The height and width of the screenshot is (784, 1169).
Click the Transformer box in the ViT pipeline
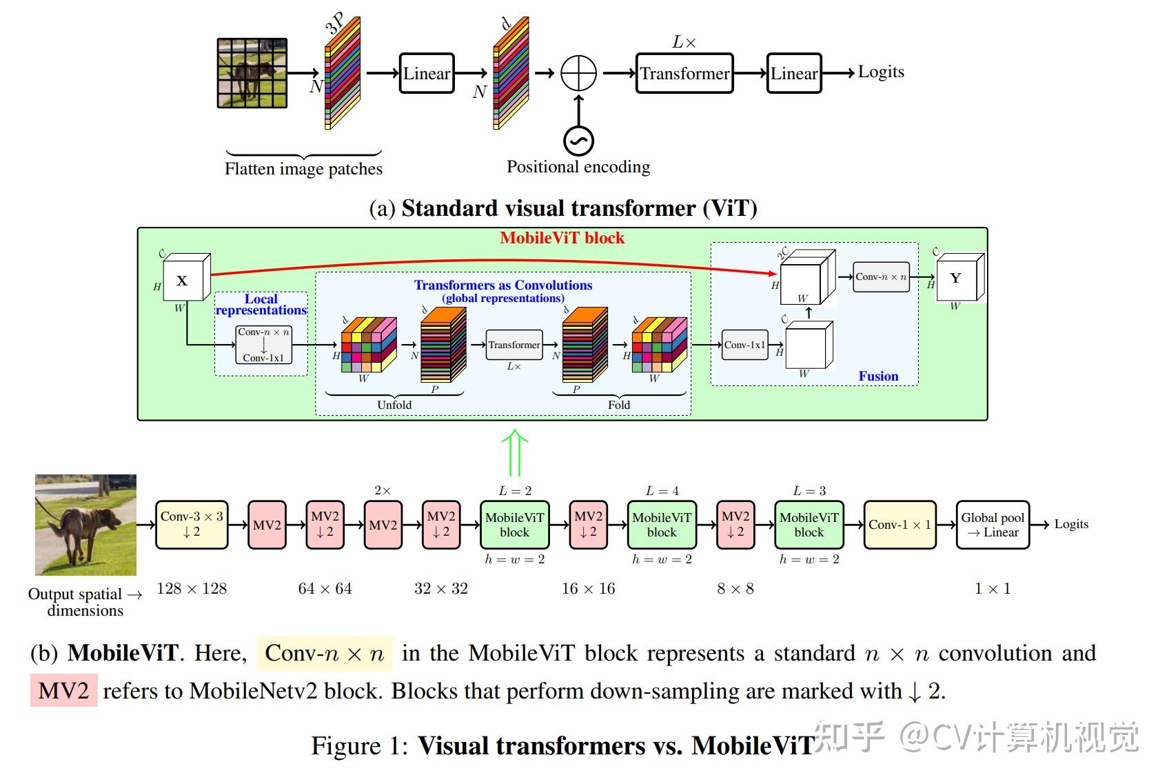684,73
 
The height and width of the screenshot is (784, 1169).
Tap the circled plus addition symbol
578,73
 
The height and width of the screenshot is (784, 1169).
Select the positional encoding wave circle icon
578,141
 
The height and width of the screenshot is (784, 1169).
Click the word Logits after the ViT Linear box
881,72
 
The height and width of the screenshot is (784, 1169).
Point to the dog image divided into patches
252,73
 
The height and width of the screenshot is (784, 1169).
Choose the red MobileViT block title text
562,239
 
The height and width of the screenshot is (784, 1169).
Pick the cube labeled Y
958,279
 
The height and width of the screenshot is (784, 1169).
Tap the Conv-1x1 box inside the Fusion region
744,345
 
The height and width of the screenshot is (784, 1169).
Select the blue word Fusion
878,376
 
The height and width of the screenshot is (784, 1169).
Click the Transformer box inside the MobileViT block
514,345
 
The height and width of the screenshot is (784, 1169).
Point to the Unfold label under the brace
394,405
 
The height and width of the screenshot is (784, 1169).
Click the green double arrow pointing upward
514,453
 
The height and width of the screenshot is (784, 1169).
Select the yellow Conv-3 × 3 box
192,525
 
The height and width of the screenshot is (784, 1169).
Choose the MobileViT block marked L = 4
662,525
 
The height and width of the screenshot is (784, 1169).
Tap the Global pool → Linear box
993,525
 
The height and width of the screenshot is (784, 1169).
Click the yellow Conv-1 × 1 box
899,525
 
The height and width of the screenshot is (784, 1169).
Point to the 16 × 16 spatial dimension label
588,589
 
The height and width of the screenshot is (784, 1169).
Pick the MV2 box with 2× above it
383,525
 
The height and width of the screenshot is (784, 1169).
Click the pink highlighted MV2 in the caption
64,691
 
